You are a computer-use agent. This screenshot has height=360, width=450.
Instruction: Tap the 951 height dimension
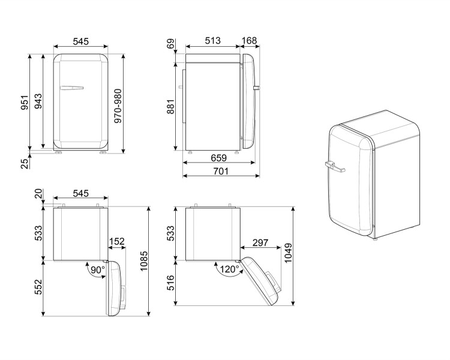(23, 103)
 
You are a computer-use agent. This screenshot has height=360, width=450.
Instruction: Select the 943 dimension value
(37, 103)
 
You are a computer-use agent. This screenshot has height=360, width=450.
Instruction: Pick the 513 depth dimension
(212, 41)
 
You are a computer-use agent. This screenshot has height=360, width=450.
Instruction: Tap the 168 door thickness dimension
(248, 41)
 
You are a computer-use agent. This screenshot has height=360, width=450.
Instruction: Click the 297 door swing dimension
(260, 242)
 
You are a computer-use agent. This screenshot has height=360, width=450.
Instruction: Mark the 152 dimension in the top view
(117, 242)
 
